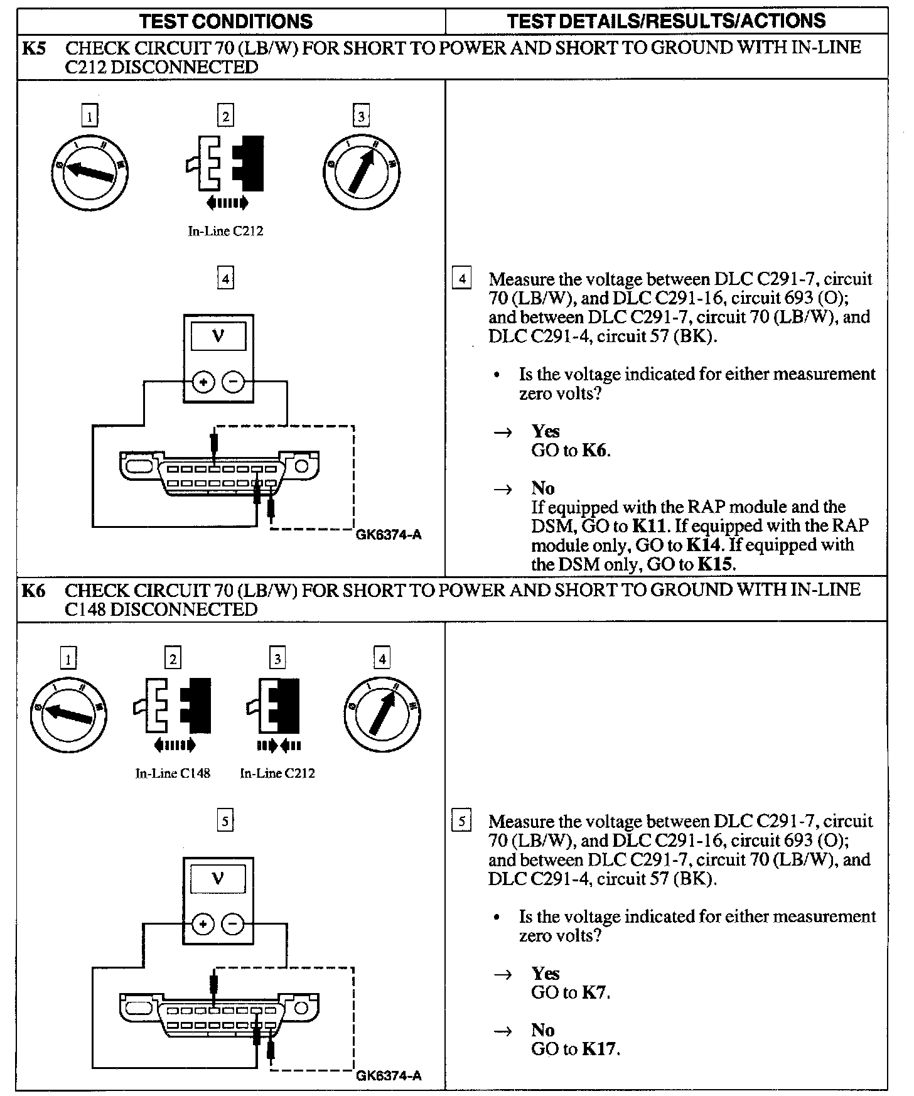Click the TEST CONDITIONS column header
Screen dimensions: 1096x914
(x=226, y=21)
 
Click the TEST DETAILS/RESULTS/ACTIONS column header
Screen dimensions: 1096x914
(x=666, y=21)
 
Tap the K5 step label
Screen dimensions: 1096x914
(x=34, y=48)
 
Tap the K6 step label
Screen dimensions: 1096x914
(x=34, y=591)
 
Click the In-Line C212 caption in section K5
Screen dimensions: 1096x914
(x=225, y=231)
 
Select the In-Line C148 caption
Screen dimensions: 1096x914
(x=173, y=773)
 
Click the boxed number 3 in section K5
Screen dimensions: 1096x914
(x=361, y=116)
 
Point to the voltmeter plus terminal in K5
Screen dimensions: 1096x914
(x=203, y=382)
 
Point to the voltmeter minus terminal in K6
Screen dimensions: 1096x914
(x=233, y=924)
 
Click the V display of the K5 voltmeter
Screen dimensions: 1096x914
(x=218, y=336)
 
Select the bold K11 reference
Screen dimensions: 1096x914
(x=651, y=526)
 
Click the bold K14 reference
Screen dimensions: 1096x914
(x=702, y=545)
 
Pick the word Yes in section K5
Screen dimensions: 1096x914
(x=546, y=431)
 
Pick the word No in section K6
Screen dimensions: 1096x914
(x=543, y=1030)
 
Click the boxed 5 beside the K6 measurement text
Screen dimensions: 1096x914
(x=462, y=821)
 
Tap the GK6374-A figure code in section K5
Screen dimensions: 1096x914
(x=389, y=535)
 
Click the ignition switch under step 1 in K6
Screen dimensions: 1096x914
(x=68, y=714)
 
